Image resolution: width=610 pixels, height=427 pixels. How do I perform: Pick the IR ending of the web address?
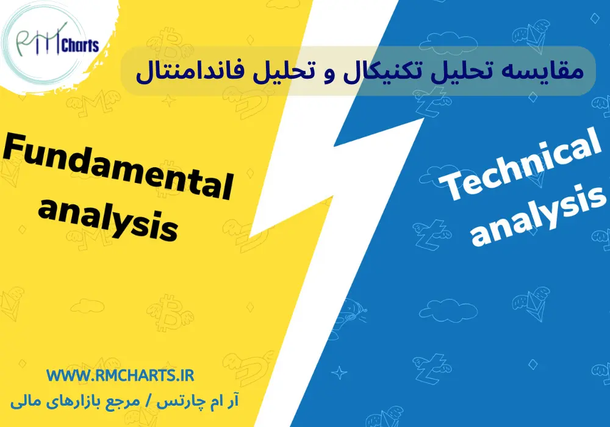pos(184,375)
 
